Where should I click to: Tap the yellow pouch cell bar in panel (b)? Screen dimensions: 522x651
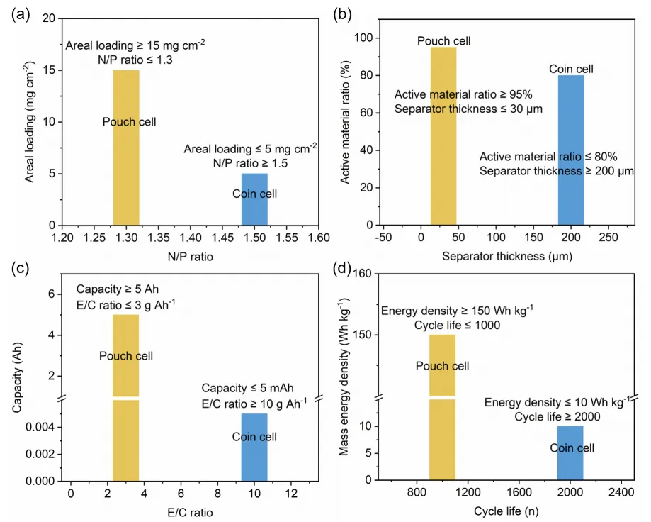(443, 142)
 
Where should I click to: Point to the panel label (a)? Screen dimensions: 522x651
(19, 13)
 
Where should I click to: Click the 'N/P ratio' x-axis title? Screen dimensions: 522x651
(190, 257)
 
